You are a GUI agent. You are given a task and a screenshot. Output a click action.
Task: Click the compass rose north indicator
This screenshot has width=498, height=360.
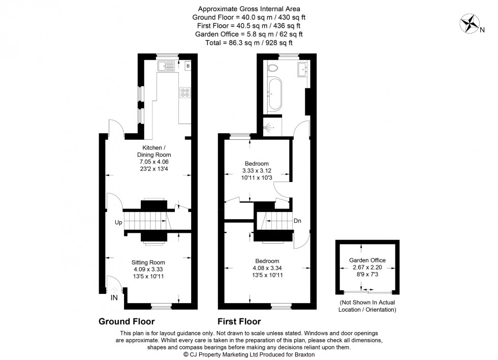[470, 23]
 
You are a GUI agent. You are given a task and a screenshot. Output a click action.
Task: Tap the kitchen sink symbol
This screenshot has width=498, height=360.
[166, 66]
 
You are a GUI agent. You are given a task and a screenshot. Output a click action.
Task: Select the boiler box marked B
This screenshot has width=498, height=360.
[188, 66]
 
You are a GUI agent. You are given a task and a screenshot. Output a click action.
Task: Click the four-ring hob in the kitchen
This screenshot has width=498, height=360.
[184, 93]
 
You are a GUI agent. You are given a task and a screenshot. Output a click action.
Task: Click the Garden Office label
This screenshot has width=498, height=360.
[367, 260]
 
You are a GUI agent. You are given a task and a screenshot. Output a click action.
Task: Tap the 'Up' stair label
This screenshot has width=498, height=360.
[117, 223]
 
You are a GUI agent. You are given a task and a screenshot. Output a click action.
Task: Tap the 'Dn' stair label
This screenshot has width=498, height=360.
[298, 221]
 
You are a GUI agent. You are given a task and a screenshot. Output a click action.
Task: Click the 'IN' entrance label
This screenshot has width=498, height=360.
[115, 298]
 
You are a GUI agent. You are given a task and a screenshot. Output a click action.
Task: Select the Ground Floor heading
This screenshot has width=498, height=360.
[126, 321]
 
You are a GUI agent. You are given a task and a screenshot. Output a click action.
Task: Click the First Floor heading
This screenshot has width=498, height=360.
[239, 321]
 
